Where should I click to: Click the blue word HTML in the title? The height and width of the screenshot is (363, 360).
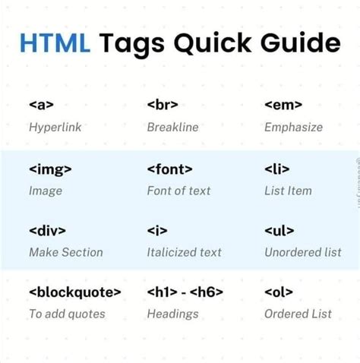pos(55,43)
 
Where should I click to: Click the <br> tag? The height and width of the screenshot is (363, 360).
pos(162,106)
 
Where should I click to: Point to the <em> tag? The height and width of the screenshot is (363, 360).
pos(283,106)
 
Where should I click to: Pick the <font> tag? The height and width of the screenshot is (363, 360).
pos(169,169)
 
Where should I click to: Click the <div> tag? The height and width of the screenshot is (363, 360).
pos(47,230)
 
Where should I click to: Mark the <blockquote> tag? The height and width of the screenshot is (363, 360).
pos(74,292)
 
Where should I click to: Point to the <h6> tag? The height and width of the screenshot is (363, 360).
pos(209,292)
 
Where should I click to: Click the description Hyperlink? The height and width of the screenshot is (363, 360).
pos(55,128)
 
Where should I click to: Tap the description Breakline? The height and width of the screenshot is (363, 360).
pos(172,128)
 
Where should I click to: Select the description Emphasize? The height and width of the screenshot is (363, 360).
pos(293,128)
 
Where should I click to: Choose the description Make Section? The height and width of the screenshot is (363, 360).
pos(65,252)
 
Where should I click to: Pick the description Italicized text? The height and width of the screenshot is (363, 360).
pos(184,252)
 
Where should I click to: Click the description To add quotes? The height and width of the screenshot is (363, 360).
pos(67,314)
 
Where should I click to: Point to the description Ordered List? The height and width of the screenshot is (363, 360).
pos(298,314)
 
